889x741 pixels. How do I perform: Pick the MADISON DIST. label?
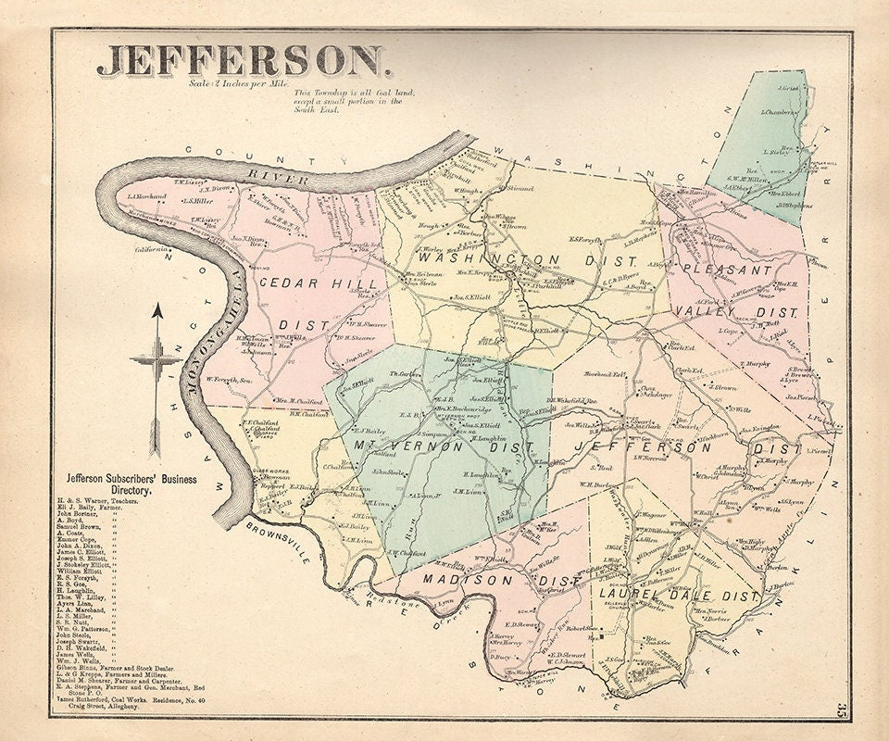click(x=482, y=579)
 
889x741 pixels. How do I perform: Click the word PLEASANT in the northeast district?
click(x=727, y=270)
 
